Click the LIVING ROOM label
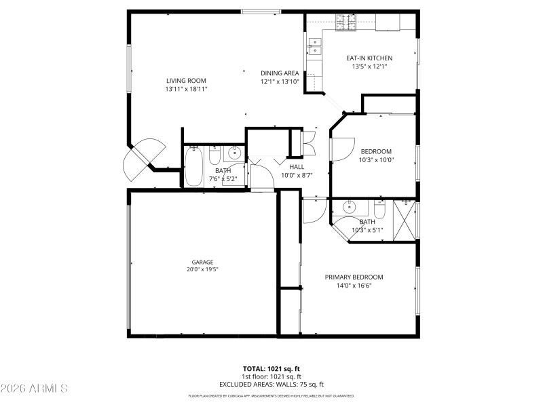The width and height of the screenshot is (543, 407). point(186,80)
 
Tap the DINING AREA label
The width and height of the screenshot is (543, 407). point(280,73)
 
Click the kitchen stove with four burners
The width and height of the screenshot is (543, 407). point(346,25)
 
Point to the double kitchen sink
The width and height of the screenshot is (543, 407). point(316,45)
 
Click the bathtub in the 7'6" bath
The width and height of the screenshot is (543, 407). point(193,168)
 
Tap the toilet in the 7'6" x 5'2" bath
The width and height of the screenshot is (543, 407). point(214,157)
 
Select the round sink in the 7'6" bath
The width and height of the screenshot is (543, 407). point(233,151)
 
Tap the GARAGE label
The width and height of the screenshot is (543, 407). point(202,262)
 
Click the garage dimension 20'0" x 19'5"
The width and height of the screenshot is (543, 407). point(202,269)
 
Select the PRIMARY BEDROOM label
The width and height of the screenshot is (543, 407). point(354,277)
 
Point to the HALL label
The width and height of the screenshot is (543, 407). point(297,167)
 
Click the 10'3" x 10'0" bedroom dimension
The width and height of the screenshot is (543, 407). point(377,160)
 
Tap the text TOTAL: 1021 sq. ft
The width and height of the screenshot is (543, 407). point(271,369)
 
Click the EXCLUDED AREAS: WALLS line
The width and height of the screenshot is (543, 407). point(271,384)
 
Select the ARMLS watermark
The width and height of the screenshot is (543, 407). point(34,389)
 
